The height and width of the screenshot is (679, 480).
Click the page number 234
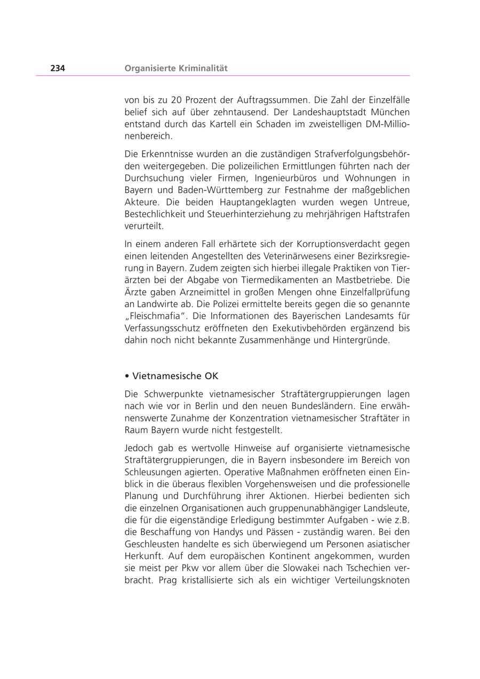coord(58,68)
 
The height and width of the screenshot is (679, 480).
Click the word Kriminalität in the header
coord(202,68)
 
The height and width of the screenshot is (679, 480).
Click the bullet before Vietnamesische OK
coord(127,376)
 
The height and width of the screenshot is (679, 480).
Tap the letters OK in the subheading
coord(212,376)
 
